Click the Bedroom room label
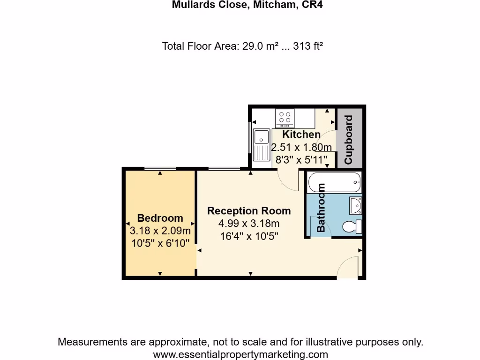pyautogui.click(x=160, y=218)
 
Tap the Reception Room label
pyautogui.click(x=249, y=211)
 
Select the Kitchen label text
pyautogui.click(x=301, y=135)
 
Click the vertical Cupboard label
pyautogui.click(x=348, y=140)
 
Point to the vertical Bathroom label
pyautogui.click(x=321, y=208)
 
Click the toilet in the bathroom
pyautogui.click(x=352, y=227)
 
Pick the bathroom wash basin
pyautogui.click(x=355, y=205)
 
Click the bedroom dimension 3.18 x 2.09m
pyautogui.click(x=160, y=231)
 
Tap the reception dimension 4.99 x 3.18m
pyautogui.click(x=249, y=224)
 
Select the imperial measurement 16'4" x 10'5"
pyautogui.click(x=249, y=236)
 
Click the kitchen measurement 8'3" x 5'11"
pyautogui.click(x=301, y=160)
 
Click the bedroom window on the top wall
pyautogui.click(x=160, y=168)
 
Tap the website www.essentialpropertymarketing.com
pyautogui.click(x=240, y=354)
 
